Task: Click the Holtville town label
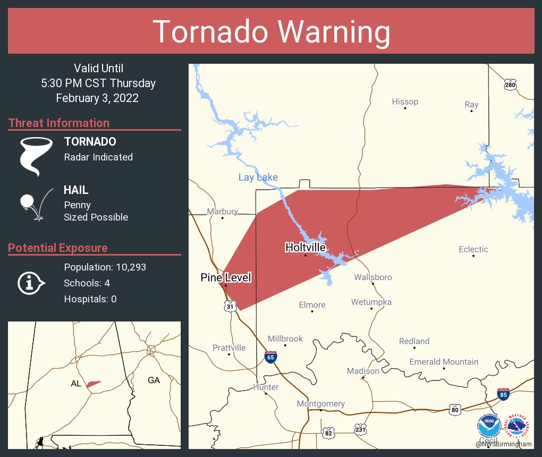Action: (305, 247)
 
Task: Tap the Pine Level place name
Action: (225, 277)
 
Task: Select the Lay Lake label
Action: (258, 177)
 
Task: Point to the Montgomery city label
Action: (320, 404)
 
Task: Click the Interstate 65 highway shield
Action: (270, 357)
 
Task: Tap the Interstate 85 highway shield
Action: (504, 394)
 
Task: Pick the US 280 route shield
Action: (510, 84)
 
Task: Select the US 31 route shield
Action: (229, 306)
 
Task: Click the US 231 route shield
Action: (360, 428)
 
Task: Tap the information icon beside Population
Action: (31, 283)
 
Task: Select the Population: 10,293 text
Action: (105, 267)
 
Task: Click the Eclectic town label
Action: (473, 249)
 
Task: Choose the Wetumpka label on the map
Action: (371, 302)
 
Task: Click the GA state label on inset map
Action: (154, 380)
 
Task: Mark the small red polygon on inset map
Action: (94, 384)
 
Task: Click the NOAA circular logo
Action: (489, 425)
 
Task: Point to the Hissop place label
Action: (405, 101)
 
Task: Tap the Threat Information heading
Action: (59, 123)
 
